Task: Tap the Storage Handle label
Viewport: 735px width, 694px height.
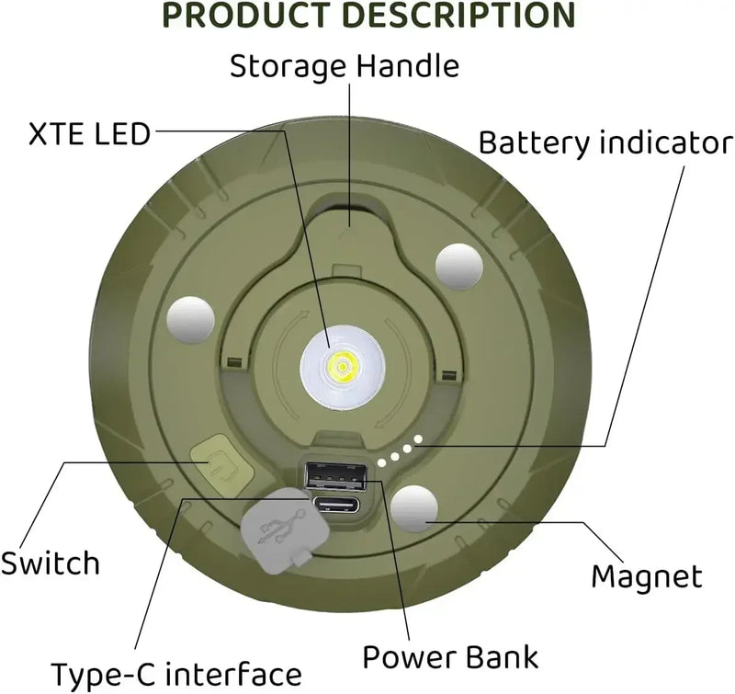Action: (345, 66)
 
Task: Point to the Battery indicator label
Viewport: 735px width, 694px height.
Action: (606, 142)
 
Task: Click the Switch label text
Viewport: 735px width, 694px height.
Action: (50, 562)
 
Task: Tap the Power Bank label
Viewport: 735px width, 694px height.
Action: (449, 656)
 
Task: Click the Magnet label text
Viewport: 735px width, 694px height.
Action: (647, 576)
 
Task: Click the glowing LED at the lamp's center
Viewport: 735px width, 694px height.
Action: (341, 369)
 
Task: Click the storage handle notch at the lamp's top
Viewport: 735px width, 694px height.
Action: (350, 208)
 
